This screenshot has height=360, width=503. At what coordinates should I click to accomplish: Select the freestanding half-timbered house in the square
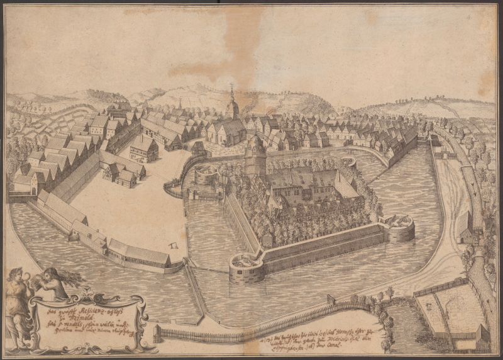[143, 149]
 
